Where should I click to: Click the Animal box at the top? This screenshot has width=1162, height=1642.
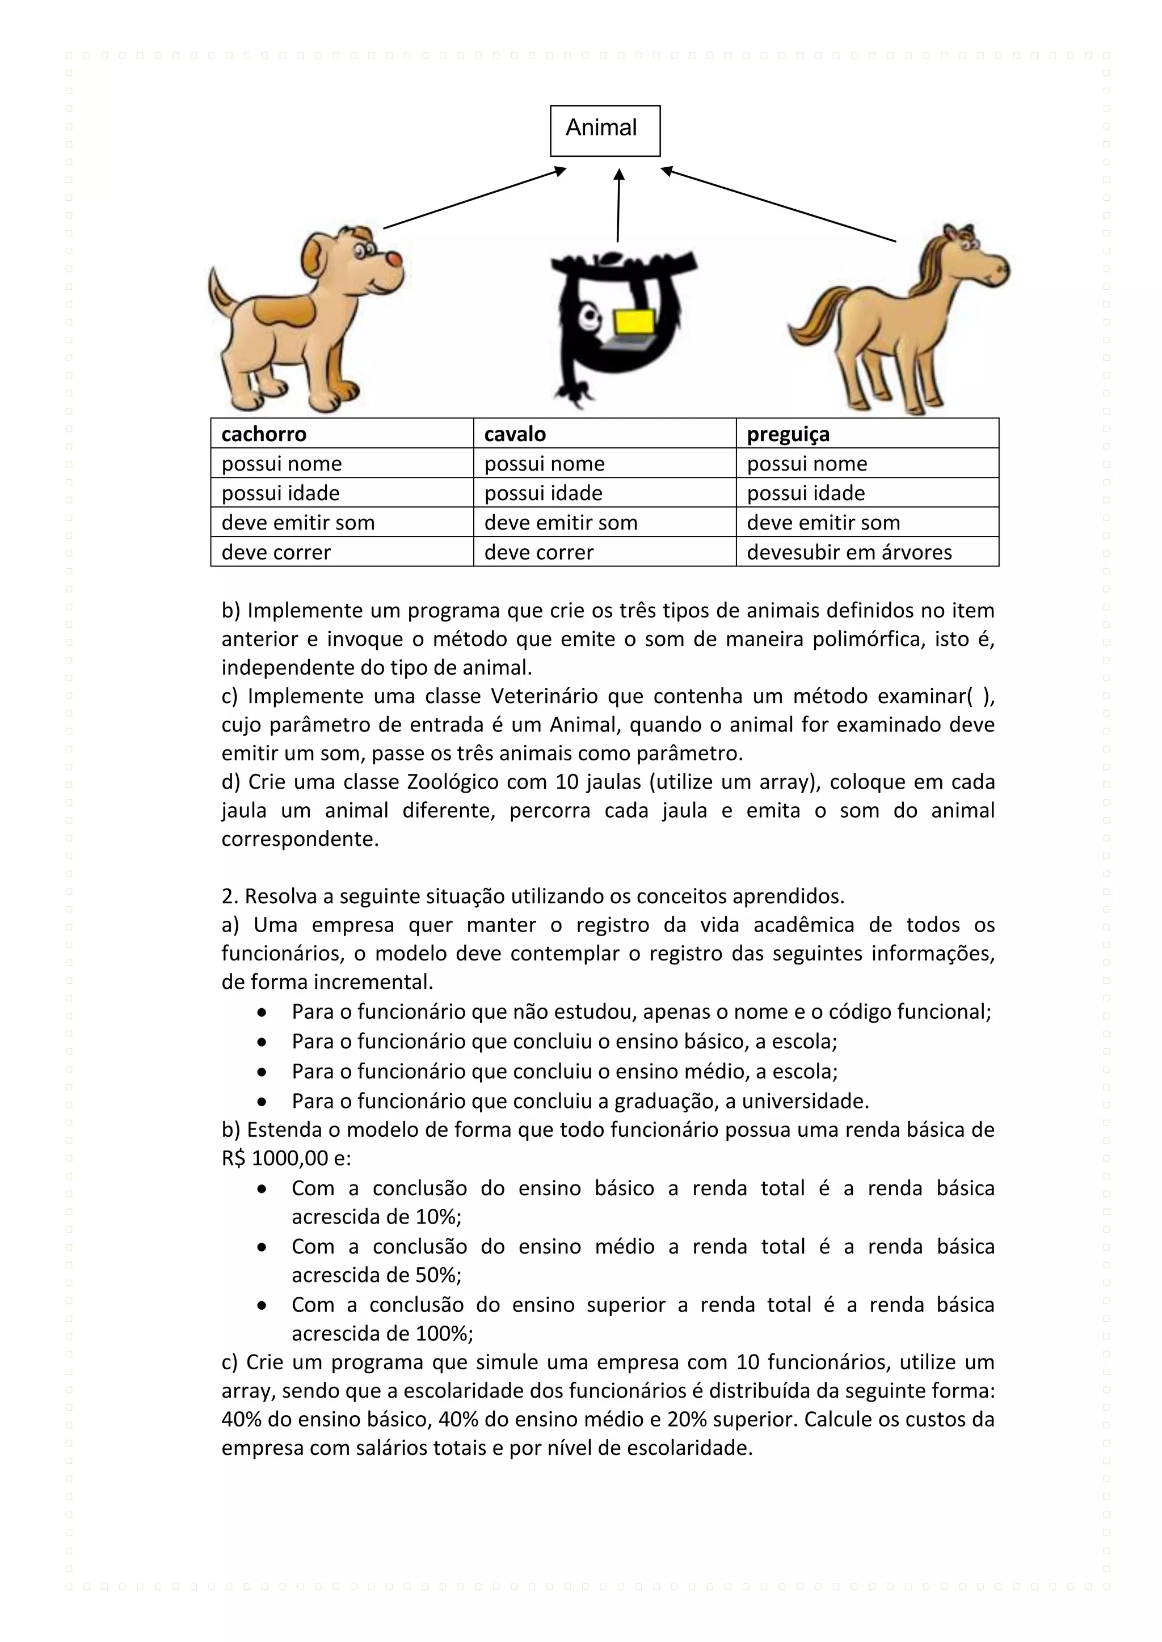pos(605,130)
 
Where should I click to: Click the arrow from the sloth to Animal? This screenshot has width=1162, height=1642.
pos(619,206)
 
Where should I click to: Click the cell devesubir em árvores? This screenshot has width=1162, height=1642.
pos(849,552)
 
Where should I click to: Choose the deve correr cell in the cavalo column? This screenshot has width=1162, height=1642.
pos(539,552)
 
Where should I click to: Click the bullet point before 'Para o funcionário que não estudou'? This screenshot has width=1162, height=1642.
pos(263,1013)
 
